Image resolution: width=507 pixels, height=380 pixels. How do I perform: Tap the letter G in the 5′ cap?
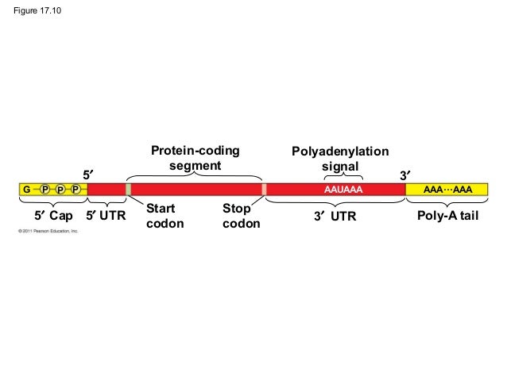pyautogui.click(x=26, y=190)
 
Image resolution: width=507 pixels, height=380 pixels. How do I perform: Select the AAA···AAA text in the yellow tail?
pyautogui.click(x=448, y=190)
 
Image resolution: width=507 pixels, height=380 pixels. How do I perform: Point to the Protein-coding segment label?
pyautogui.click(x=195, y=158)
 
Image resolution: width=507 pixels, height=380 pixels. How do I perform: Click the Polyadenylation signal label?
pyautogui.click(x=340, y=158)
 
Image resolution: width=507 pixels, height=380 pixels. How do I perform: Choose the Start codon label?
pyautogui.click(x=165, y=216)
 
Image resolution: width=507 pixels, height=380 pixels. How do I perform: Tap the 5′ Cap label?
pyautogui.click(x=53, y=215)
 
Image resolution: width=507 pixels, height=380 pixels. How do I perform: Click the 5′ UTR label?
pyautogui.click(x=106, y=215)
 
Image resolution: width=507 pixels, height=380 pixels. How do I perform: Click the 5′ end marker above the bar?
pyautogui.click(x=89, y=174)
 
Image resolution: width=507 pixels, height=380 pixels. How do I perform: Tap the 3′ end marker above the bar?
pyautogui.click(x=404, y=174)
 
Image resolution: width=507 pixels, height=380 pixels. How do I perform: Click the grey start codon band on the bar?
pyautogui.click(x=128, y=190)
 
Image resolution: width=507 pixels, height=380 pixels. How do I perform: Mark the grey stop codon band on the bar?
pyautogui.click(x=263, y=190)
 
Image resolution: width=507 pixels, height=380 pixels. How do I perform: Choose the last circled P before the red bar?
pyautogui.click(x=75, y=190)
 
